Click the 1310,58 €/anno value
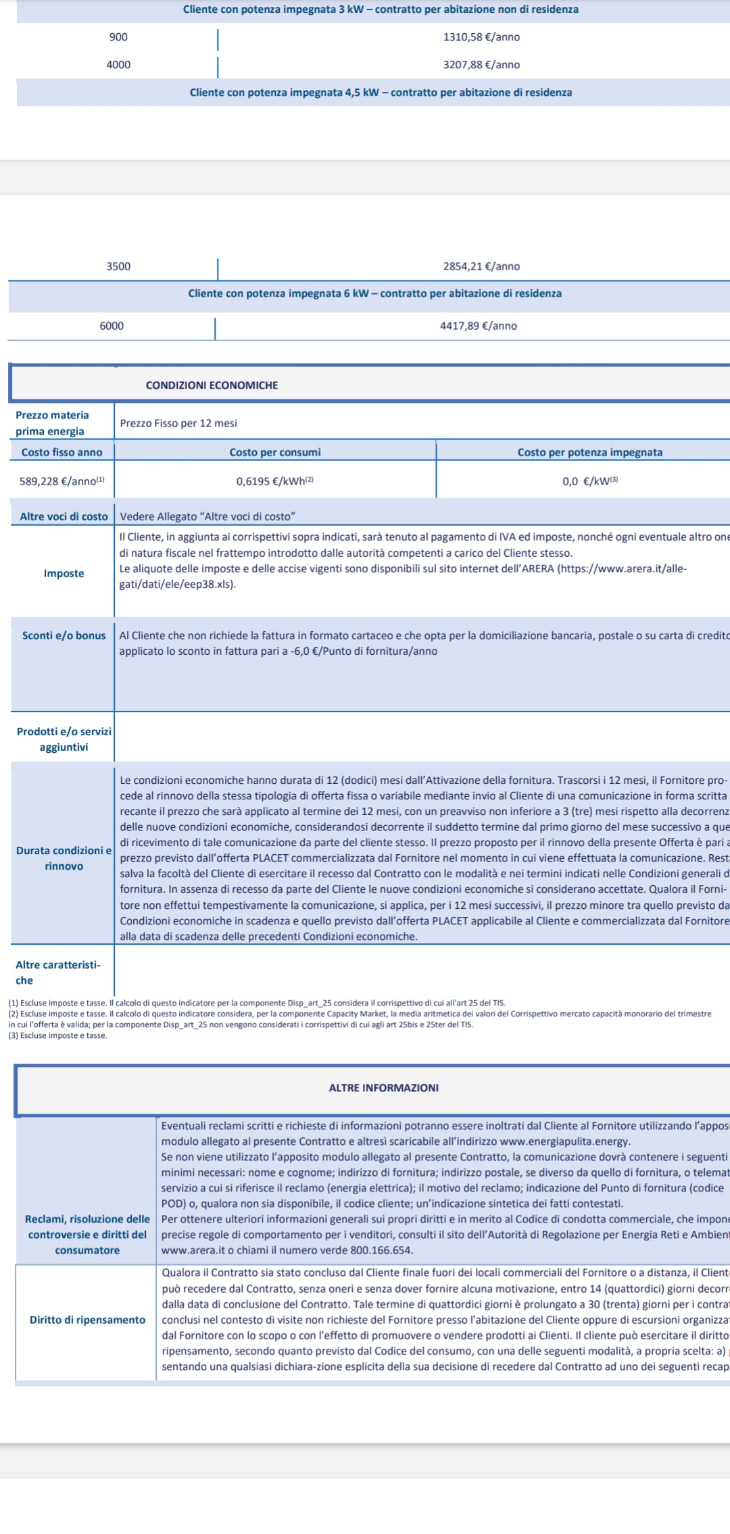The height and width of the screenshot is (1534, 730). coord(481,37)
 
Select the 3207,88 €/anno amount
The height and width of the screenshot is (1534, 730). coord(481,65)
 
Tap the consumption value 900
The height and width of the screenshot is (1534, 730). coord(118,37)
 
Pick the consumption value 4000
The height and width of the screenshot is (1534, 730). coord(118,65)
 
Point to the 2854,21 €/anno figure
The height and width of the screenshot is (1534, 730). coord(481,266)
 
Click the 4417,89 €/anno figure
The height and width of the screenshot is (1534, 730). coord(479,326)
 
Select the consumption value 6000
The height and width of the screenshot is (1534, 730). coord(112,326)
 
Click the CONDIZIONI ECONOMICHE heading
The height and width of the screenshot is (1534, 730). coord(212,385)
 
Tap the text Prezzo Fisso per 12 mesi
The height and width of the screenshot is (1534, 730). coord(178,423)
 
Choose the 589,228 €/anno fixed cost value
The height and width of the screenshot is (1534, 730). coord(62,481)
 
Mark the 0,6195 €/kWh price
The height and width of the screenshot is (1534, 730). coord(274,481)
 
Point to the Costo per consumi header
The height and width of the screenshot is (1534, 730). coord(274,452)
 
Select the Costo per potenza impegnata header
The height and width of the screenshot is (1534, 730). coord(589,452)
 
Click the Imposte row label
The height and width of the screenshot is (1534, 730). coord(64,573)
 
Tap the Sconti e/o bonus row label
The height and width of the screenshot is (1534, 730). coord(64,635)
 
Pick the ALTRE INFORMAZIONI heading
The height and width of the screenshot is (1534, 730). coord(383,1088)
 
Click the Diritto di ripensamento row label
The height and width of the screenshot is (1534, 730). coord(87,1320)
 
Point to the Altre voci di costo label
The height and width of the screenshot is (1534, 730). coord(64,516)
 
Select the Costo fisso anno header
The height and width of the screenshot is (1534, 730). coord(62,452)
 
